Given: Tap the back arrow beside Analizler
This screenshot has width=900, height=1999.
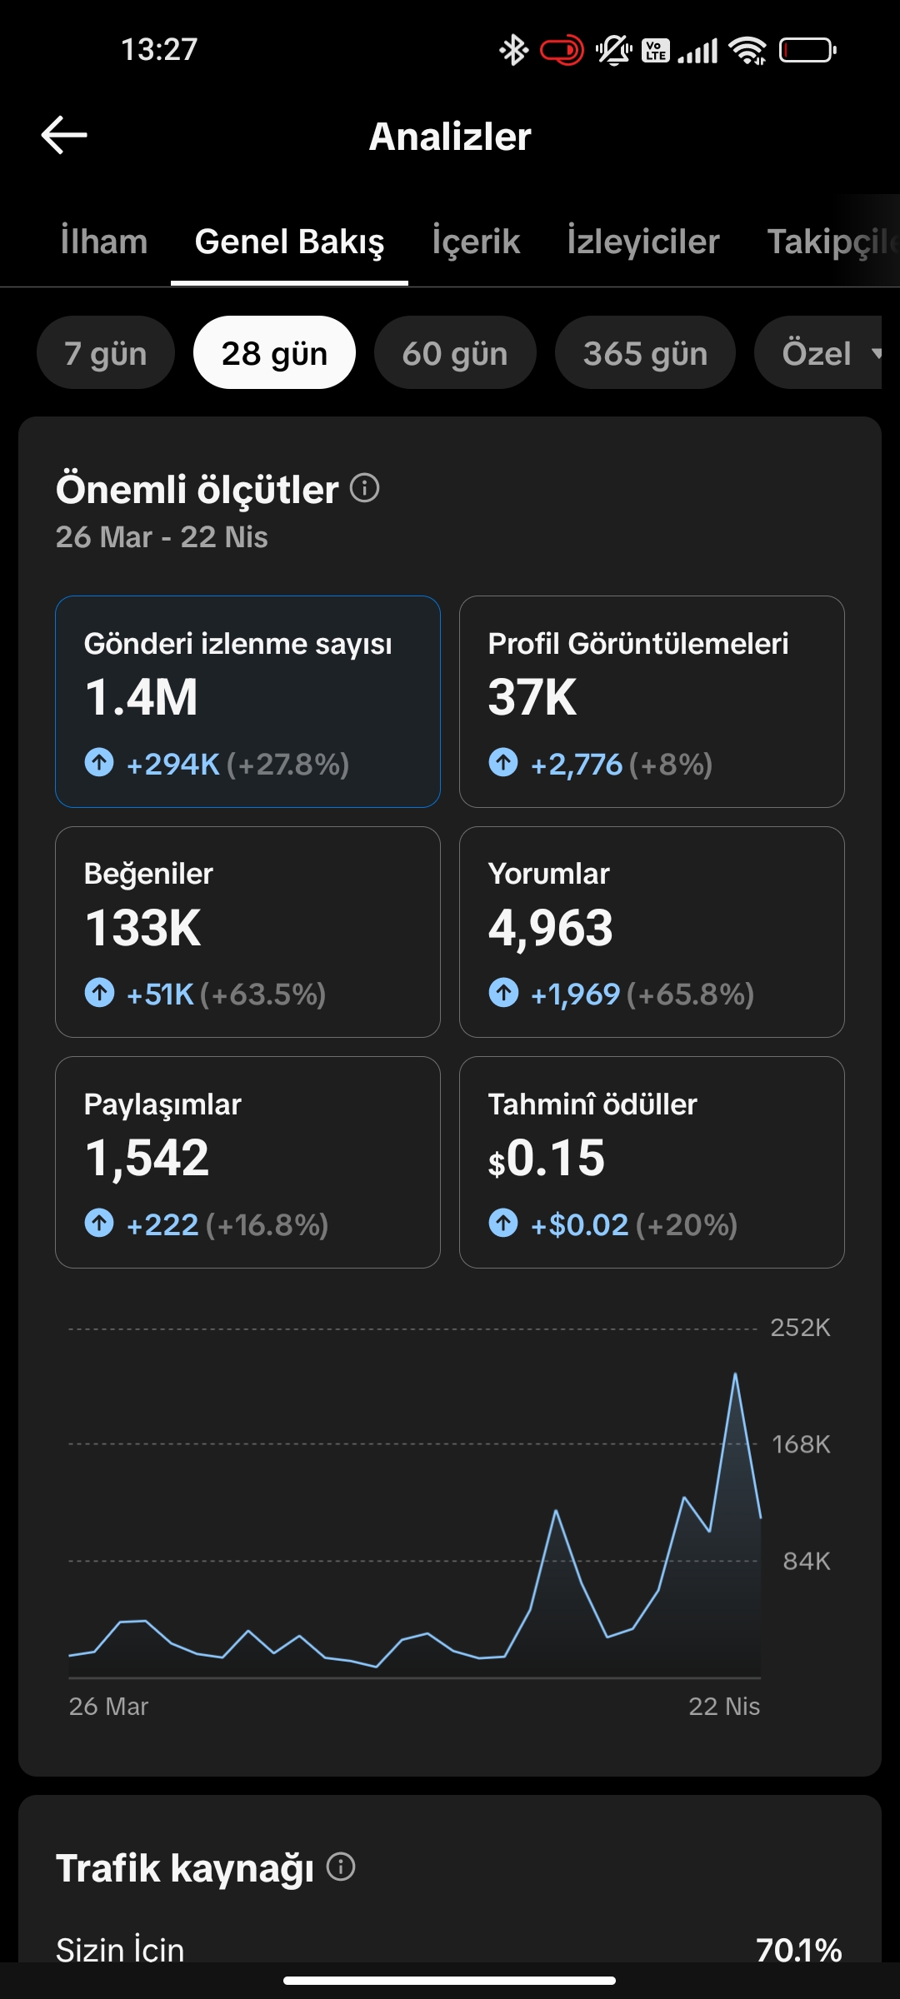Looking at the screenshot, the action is [64, 135].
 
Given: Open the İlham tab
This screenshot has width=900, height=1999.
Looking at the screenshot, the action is [103, 242].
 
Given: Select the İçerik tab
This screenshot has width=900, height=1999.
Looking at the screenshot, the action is [476, 242].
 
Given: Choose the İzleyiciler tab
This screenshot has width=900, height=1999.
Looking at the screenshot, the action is [643, 242].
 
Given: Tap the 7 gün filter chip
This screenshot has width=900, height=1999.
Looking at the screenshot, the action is [106, 352].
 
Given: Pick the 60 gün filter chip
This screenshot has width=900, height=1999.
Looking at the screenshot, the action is [455, 352].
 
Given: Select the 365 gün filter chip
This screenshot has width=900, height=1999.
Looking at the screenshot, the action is [645, 352].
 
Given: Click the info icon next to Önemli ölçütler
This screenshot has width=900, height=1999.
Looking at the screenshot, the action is [364, 488].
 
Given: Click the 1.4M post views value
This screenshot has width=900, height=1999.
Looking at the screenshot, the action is [142, 697].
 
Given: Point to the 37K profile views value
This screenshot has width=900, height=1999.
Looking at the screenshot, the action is [532, 697].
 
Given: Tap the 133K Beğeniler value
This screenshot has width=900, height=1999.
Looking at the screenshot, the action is [143, 928].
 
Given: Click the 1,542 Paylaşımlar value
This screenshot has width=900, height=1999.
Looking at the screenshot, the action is [147, 1159].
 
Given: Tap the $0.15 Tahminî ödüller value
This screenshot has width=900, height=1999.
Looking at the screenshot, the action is [547, 1159].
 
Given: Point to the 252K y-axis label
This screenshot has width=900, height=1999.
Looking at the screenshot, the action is [800, 1328].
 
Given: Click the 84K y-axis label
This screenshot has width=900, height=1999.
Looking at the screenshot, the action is [807, 1561].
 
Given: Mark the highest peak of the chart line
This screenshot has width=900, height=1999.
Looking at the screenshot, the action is [735, 1373].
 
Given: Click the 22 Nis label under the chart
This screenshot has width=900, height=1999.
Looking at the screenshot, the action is [724, 1707].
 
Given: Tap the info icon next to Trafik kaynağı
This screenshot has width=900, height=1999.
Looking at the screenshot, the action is [341, 1867].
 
